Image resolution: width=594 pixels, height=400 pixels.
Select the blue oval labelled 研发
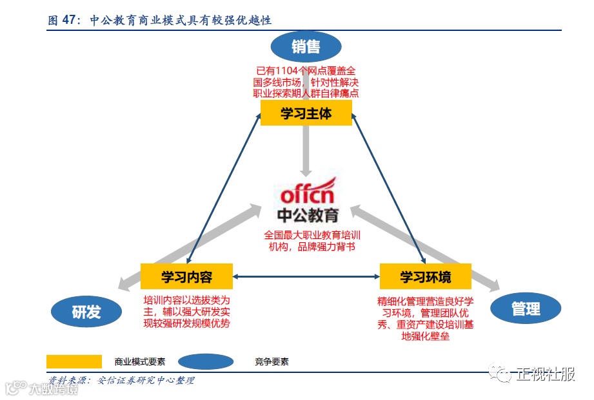click(x=86, y=312)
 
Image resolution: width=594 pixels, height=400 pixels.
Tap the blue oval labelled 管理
click(x=526, y=309)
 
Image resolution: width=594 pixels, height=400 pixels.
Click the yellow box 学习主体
click(x=306, y=113)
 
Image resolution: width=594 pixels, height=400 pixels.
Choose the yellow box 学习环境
click(x=426, y=277)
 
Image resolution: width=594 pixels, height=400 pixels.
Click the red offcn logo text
click(x=307, y=193)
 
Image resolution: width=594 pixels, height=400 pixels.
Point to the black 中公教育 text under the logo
click(x=307, y=214)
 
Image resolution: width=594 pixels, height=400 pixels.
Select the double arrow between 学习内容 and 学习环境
click(x=306, y=277)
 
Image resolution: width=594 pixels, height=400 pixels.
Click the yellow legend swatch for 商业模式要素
click(x=74, y=361)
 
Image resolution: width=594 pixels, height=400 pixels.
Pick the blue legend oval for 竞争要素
click(x=206, y=361)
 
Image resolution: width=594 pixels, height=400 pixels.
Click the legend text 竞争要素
click(x=272, y=362)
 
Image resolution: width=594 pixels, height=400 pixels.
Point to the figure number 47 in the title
click(x=70, y=21)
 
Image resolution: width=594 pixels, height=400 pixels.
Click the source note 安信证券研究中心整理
click(x=145, y=380)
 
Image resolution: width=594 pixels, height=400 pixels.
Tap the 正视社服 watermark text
click(x=545, y=374)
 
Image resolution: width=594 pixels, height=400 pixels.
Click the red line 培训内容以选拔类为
click(x=186, y=300)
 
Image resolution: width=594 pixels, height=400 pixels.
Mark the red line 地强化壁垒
click(x=426, y=336)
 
